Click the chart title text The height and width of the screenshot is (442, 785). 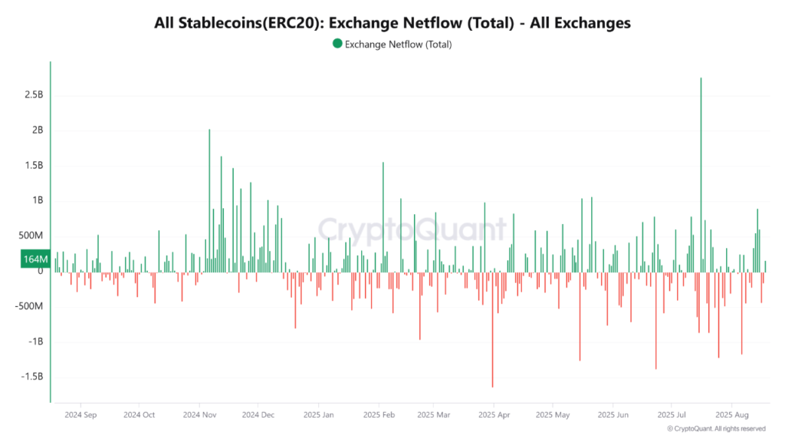click(392, 23)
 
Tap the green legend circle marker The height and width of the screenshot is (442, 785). click(337, 44)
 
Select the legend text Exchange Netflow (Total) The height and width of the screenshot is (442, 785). click(398, 45)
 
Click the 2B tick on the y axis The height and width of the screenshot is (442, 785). click(37, 130)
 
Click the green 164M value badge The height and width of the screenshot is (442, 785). click(35, 260)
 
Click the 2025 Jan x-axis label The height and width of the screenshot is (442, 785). click(319, 414)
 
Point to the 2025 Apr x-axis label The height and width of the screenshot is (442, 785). click(494, 414)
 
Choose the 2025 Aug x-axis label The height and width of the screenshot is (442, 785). click(731, 414)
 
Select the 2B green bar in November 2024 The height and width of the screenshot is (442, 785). click(209, 200)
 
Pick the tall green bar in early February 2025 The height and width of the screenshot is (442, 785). click(383, 215)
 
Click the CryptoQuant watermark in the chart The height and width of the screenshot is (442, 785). click(412, 229)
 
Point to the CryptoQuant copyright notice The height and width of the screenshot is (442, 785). click(716, 428)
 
